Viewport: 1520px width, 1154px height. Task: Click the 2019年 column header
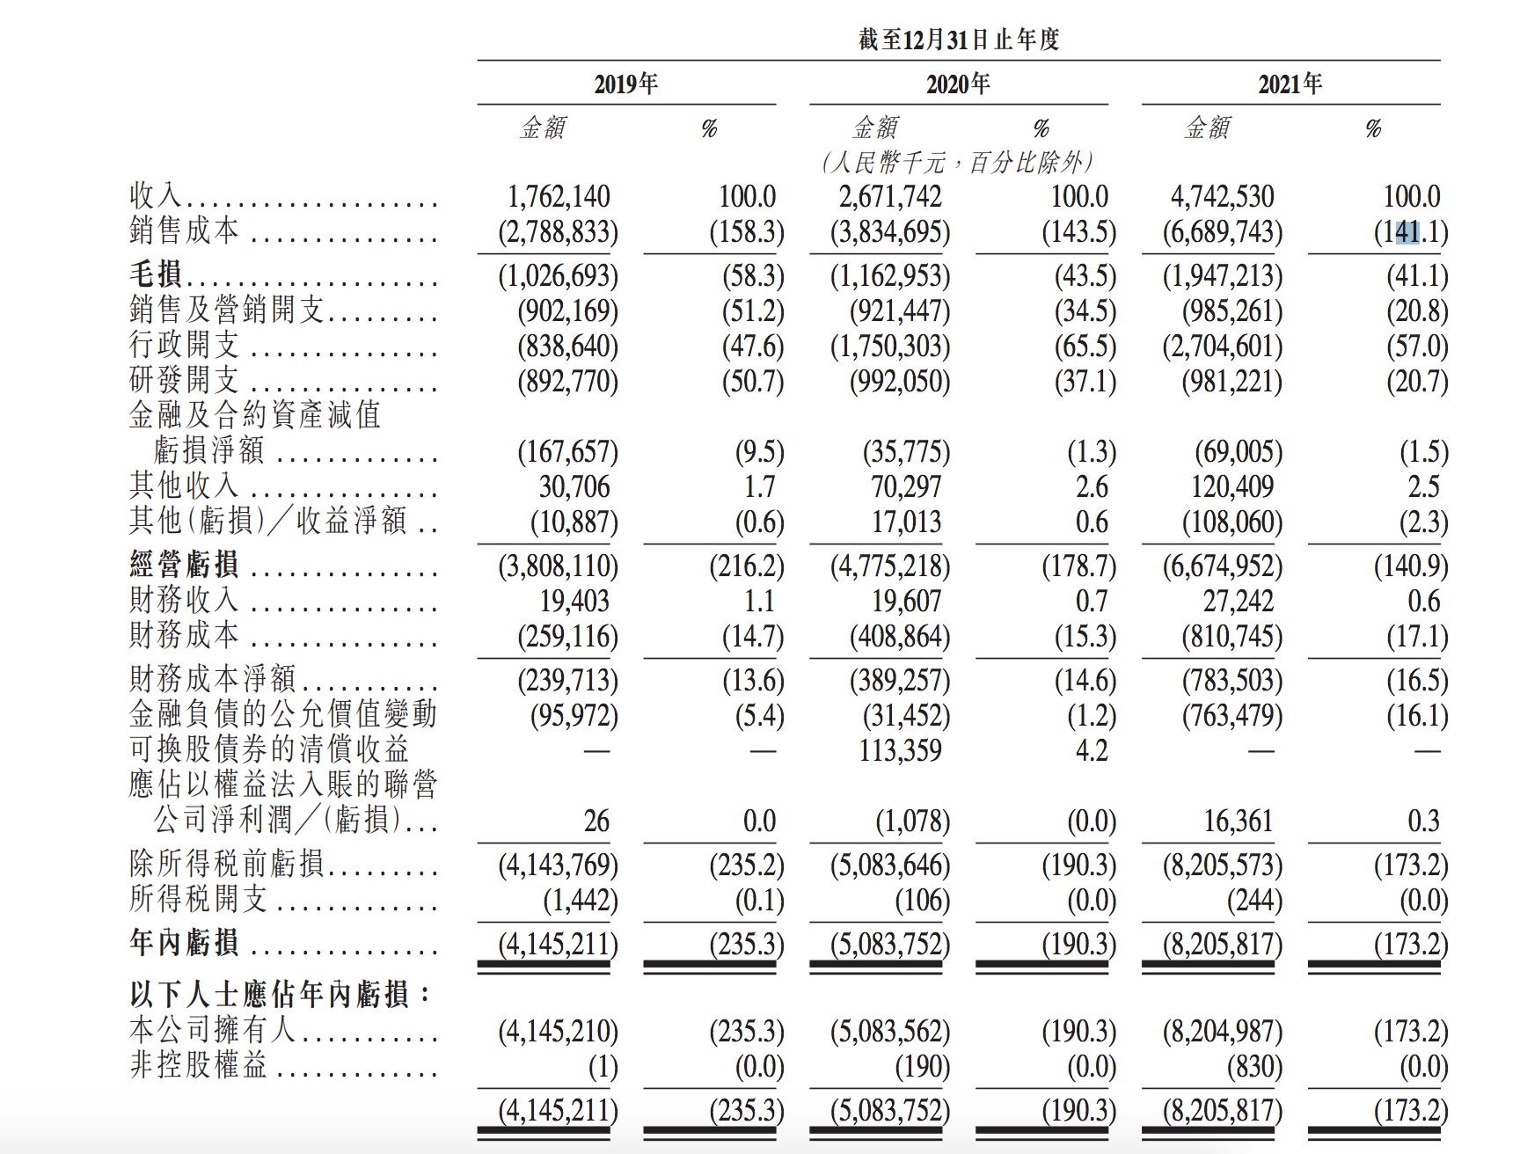pos(625,84)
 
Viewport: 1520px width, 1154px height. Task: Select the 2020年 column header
pos(958,84)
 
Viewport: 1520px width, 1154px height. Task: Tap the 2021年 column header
pos(1290,84)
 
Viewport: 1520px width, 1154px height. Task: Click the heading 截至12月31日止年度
pos(959,40)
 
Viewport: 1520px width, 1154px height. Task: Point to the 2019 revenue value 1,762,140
pos(559,197)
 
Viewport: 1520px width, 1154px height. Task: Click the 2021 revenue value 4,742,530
pos(1223,197)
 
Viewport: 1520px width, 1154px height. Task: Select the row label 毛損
pos(156,275)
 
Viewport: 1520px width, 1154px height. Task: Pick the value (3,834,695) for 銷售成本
pos(890,232)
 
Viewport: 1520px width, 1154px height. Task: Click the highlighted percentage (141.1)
pos(1410,232)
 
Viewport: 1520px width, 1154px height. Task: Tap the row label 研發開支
pos(184,381)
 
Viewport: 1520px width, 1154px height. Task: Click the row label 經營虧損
pos(184,566)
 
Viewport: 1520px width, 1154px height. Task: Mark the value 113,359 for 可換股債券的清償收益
pos(900,750)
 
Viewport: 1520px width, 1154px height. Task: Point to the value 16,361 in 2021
pos(1238,821)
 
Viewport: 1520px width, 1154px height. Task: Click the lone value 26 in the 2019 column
pos(596,821)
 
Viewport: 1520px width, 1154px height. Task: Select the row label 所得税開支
pos(198,900)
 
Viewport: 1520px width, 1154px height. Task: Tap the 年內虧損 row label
pos(184,944)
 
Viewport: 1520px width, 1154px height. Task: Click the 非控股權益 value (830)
pos(1254,1067)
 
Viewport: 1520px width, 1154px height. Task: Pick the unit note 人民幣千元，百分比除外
pos(958,163)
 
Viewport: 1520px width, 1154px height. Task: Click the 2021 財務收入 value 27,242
pos(1238,601)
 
